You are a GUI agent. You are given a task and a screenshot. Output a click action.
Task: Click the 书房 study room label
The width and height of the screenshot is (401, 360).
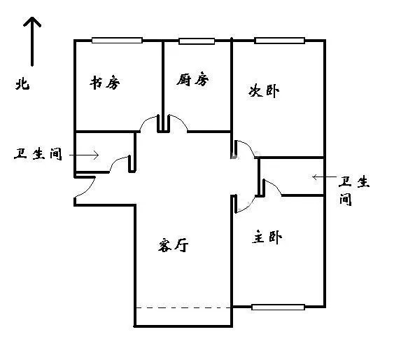pos(104,83)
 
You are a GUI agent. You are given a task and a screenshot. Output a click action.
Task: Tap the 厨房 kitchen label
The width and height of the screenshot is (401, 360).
pos(192,79)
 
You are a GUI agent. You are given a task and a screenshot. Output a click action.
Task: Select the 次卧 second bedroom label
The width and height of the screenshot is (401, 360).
pos(264,91)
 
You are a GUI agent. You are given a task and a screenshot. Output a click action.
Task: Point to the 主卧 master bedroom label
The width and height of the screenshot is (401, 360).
pos(267,237)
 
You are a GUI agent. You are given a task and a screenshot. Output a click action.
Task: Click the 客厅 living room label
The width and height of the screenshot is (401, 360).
pos(173,245)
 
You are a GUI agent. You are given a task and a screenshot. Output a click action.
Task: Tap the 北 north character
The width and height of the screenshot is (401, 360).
pos(22,83)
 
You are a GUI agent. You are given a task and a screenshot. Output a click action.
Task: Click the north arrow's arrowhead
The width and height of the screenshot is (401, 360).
pos(32,22)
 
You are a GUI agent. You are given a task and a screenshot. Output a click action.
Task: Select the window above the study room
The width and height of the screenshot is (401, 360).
pos(117,41)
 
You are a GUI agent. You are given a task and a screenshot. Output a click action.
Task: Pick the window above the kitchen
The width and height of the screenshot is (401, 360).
pos(197,41)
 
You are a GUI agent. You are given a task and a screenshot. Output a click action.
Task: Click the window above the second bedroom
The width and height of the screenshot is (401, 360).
pos(279,41)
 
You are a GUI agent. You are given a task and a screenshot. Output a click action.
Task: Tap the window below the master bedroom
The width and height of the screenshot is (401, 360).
pos(278,307)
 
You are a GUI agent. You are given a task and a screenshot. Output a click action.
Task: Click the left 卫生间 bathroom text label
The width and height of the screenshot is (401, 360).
pos(38,154)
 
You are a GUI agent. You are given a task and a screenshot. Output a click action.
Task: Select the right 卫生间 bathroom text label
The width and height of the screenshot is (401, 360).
pos(354,191)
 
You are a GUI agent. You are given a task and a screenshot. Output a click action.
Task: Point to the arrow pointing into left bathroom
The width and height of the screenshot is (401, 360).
pos(84,155)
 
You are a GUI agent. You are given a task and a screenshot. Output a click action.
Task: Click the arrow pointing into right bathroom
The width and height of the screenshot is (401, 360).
pos(324,176)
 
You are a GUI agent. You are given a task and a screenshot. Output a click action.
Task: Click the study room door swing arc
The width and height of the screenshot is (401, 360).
pos(146,121)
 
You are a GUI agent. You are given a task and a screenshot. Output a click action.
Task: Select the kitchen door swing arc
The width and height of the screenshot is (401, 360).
pos(181,120)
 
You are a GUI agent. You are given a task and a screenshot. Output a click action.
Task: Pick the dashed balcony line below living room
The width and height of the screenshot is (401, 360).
pos(183,307)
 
